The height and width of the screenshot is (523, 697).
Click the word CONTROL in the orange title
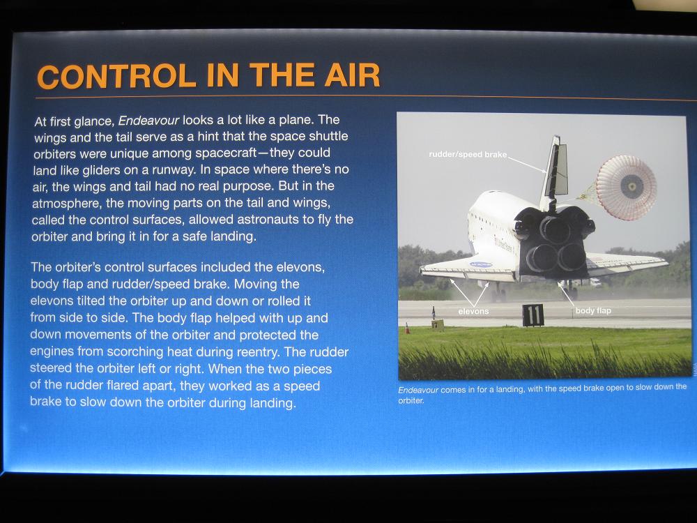click(116, 76)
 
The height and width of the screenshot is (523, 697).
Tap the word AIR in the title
click(352, 75)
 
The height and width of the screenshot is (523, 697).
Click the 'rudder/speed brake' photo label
click(468, 154)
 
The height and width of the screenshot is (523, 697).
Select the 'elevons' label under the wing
click(473, 311)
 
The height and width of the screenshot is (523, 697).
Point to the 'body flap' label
click(593, 310)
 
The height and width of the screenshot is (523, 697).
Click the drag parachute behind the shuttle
click(626, 187)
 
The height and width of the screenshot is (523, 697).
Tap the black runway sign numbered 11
click(533, 315)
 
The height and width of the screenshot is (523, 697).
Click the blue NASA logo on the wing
click(481, 264)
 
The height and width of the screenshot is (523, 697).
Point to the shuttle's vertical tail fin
click(554, 172)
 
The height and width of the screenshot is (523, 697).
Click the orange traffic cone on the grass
click(407, 328)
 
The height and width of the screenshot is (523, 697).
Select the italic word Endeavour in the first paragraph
click(149, 121)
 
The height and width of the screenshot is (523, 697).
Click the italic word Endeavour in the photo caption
click(418, 390)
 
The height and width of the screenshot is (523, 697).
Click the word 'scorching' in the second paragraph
click(135, 351)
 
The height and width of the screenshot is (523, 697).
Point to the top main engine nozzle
click(556, 229)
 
